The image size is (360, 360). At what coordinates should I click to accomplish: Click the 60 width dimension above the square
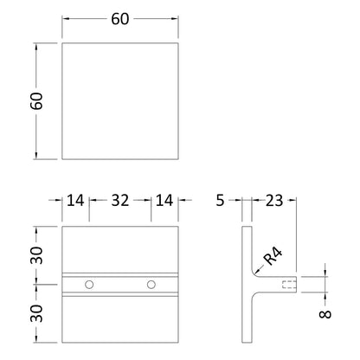120,19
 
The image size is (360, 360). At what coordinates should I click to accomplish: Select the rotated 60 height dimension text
36,101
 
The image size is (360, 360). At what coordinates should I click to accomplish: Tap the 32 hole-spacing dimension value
120,200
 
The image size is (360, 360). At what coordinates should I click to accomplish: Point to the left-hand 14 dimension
75,200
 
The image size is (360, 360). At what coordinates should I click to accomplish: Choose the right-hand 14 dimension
164,200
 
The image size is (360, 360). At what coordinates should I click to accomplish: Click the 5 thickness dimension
220,200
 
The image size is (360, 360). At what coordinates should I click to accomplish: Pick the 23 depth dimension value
274,200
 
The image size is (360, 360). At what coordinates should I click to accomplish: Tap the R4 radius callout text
273,256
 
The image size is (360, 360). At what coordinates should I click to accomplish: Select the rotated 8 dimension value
325,314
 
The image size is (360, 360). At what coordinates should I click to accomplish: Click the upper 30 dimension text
36,255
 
